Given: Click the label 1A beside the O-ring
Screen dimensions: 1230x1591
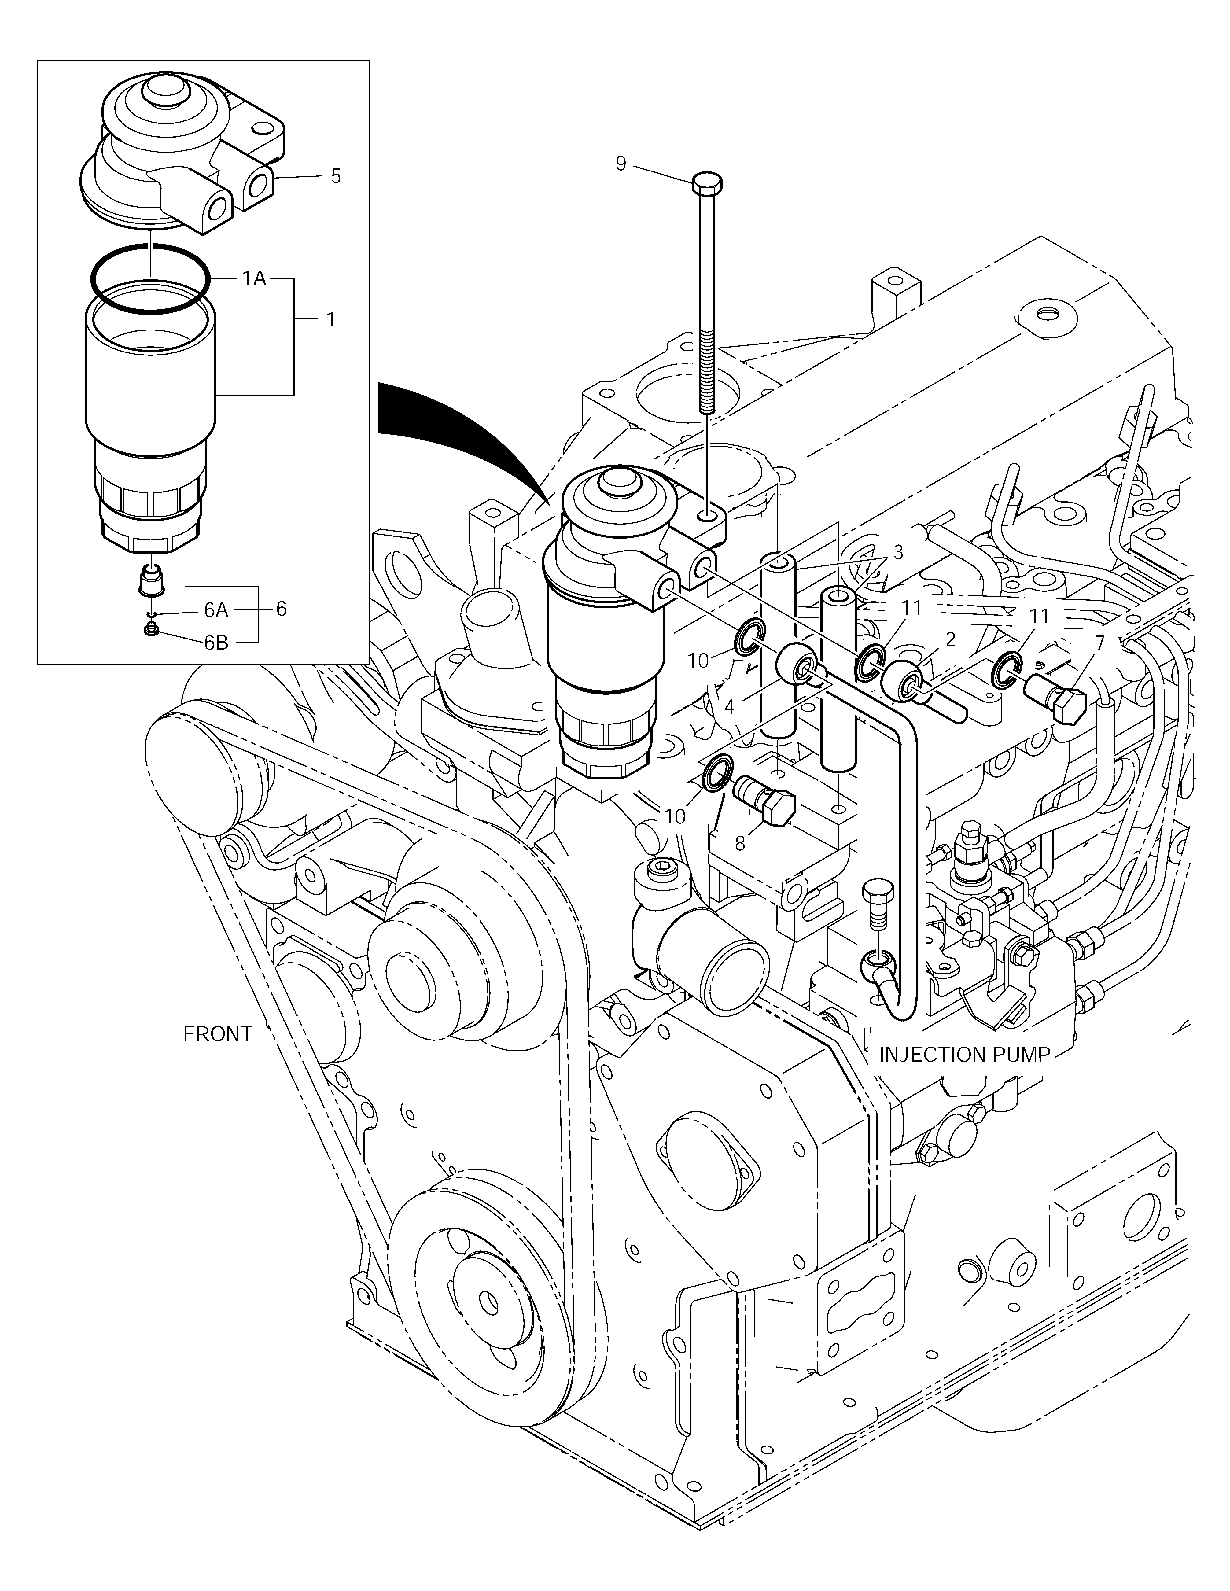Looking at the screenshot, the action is click(x=254, y=278).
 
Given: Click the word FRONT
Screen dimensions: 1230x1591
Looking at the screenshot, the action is click(x=218, y=1034).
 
